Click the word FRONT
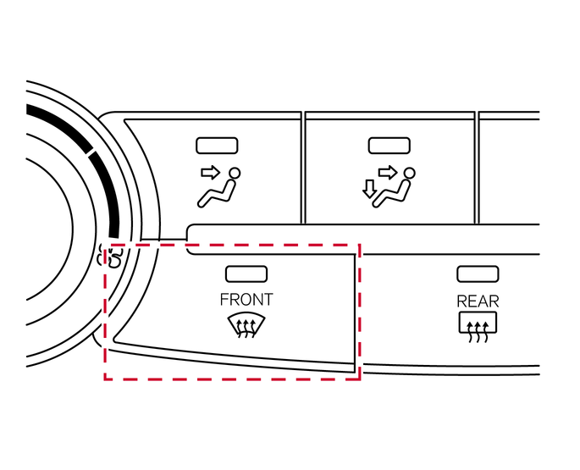tap(246, 300)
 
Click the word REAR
tap(478, 301)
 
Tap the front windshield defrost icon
tap(246, 326)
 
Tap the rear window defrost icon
tap(478, 327)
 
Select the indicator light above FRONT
tap(246, 274)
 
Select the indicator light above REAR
tap(478, 274)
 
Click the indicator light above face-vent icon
tap(217, 146)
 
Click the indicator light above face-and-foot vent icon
tap(389, 146)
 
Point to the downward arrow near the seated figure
tap(369, 189)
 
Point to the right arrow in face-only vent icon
tap(211, 173)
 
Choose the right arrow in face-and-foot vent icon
tap(387, 173)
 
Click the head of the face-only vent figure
tap(235, 174)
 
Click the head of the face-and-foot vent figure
tap(409, 174)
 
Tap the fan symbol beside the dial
tap(110, 256)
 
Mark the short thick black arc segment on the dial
tap(107, 192)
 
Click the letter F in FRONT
tap(224, 300)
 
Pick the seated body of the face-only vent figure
tap(217, 194)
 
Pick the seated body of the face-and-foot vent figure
tap(391, 194)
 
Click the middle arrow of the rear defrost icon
tap(478, 332)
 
